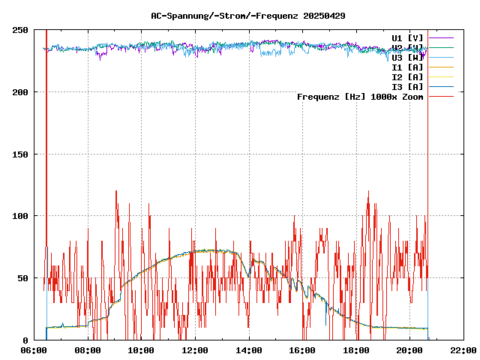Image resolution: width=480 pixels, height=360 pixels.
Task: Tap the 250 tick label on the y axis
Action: [x=20, y=30]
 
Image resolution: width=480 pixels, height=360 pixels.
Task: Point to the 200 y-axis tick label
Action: [x=20, y=92]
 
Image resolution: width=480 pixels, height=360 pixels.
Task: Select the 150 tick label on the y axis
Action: [x=20, y=154]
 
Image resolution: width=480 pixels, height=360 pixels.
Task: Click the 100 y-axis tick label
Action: [x=20, y=216]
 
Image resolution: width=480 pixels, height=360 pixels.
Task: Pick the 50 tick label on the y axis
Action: [x=22, y=278]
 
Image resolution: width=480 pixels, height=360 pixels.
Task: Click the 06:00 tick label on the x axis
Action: [x=34, y=350]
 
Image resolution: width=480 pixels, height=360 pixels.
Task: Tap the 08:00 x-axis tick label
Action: [x=88, y=350]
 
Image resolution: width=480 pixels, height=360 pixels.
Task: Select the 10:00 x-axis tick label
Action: [x=142, y=350]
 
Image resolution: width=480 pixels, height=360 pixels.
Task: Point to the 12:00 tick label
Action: [x=195, y=350]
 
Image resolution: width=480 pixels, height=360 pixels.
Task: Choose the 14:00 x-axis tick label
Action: [x=249, y=350]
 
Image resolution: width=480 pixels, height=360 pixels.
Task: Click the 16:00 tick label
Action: [x=302, y=350]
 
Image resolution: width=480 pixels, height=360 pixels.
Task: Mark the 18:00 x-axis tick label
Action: [x=356, y=350]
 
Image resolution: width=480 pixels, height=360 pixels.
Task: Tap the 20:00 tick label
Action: [x=409, y=350]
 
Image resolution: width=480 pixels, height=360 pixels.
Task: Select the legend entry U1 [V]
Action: [x=407, y=37]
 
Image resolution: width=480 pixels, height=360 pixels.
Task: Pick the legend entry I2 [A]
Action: [x=407, y=77]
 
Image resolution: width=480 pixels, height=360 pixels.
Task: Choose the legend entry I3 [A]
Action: [x=407, y=87]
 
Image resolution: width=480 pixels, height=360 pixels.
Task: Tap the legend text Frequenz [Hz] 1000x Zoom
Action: [x=360, y=97]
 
